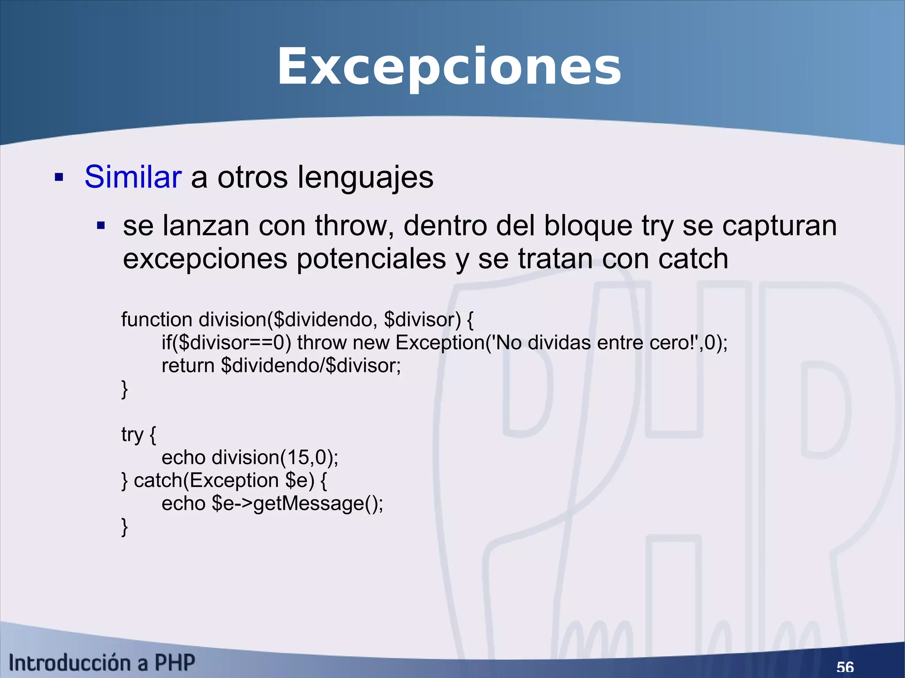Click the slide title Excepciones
pos(449,67)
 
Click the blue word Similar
pos(133,177)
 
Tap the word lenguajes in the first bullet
pos(365,177)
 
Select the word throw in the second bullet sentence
pos(354,226)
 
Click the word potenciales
pos(371,259)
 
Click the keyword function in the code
pos(156,319)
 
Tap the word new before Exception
pos(371,342)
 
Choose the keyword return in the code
pos(188,366)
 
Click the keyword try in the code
pos(132,435)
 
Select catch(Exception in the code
pos(206,481)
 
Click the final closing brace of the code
pos(124,526)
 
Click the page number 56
pos(845,667)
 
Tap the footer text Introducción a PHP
pos(102,663)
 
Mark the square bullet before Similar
pos(59,178)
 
